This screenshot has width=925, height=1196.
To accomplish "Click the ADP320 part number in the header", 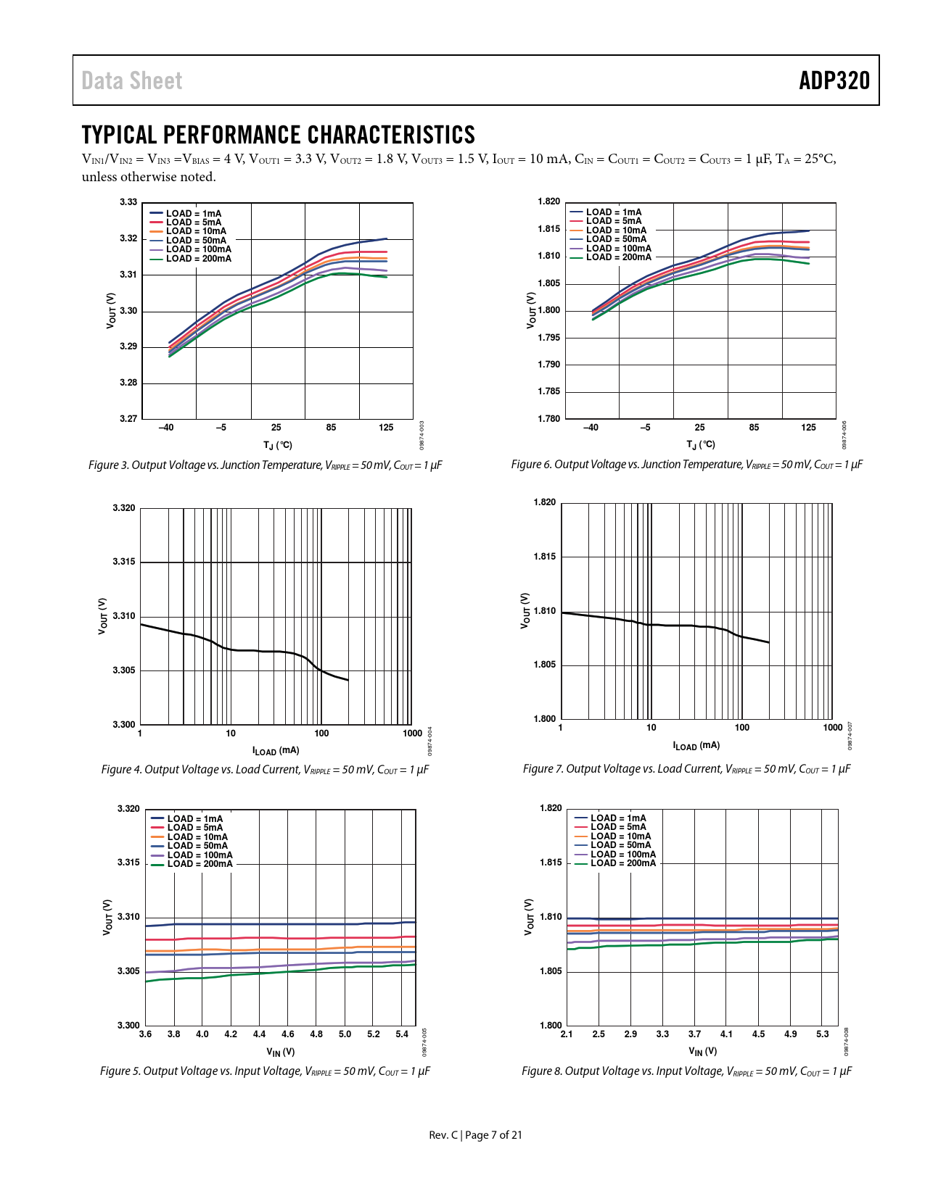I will [x=834, y=80].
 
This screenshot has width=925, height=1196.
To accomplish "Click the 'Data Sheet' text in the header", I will [x=131, y=80].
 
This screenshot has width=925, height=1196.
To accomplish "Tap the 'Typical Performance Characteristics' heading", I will [x=278, y=135].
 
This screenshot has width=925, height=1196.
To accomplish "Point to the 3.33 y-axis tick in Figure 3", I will [x=128, y=202].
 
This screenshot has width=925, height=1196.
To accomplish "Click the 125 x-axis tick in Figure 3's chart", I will [x=386, y=428].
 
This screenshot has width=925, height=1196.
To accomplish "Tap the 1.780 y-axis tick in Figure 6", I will [x=549, y=419].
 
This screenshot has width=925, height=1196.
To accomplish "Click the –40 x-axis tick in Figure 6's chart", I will [x=591, y=428].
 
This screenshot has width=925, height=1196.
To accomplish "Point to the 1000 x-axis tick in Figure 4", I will [x=412, y=734].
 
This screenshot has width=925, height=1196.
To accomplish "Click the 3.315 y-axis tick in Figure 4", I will [x=124, y=562].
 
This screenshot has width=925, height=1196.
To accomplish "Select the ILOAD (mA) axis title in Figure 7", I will [x=696, y=745].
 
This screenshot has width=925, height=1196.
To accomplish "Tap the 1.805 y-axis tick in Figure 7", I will [x=545, y=665].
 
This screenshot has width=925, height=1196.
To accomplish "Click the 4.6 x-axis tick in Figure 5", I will [x=288, y=1034].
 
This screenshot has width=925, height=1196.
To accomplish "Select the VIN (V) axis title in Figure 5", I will [x=280, y=1052].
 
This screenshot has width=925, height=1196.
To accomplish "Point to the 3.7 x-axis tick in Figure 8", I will [x=694, y=1034].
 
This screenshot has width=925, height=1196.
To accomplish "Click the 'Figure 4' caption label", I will [x=121, y=770].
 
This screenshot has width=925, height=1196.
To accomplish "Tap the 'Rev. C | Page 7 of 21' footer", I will [x=475, y=1135].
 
